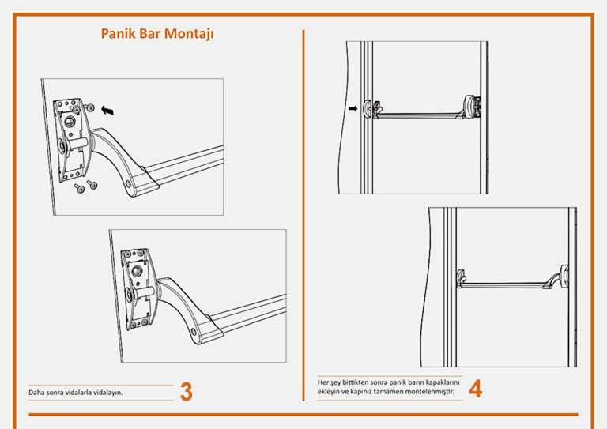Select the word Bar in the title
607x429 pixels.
pyautogui.click(x=150, y=34)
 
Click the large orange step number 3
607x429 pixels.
pyautogui.click(x=186, y=391)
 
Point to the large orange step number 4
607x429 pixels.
pyautogui.click(x=475, y=389)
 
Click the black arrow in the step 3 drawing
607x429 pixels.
pyautogui.click(x=107, y=111)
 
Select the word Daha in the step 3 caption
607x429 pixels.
pyautogui.click(x=36, y=392)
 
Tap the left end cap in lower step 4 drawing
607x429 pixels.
pyautogui.click(x=462, y=277)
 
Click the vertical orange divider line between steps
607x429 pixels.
pyautogui.click(x=303, y=213)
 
